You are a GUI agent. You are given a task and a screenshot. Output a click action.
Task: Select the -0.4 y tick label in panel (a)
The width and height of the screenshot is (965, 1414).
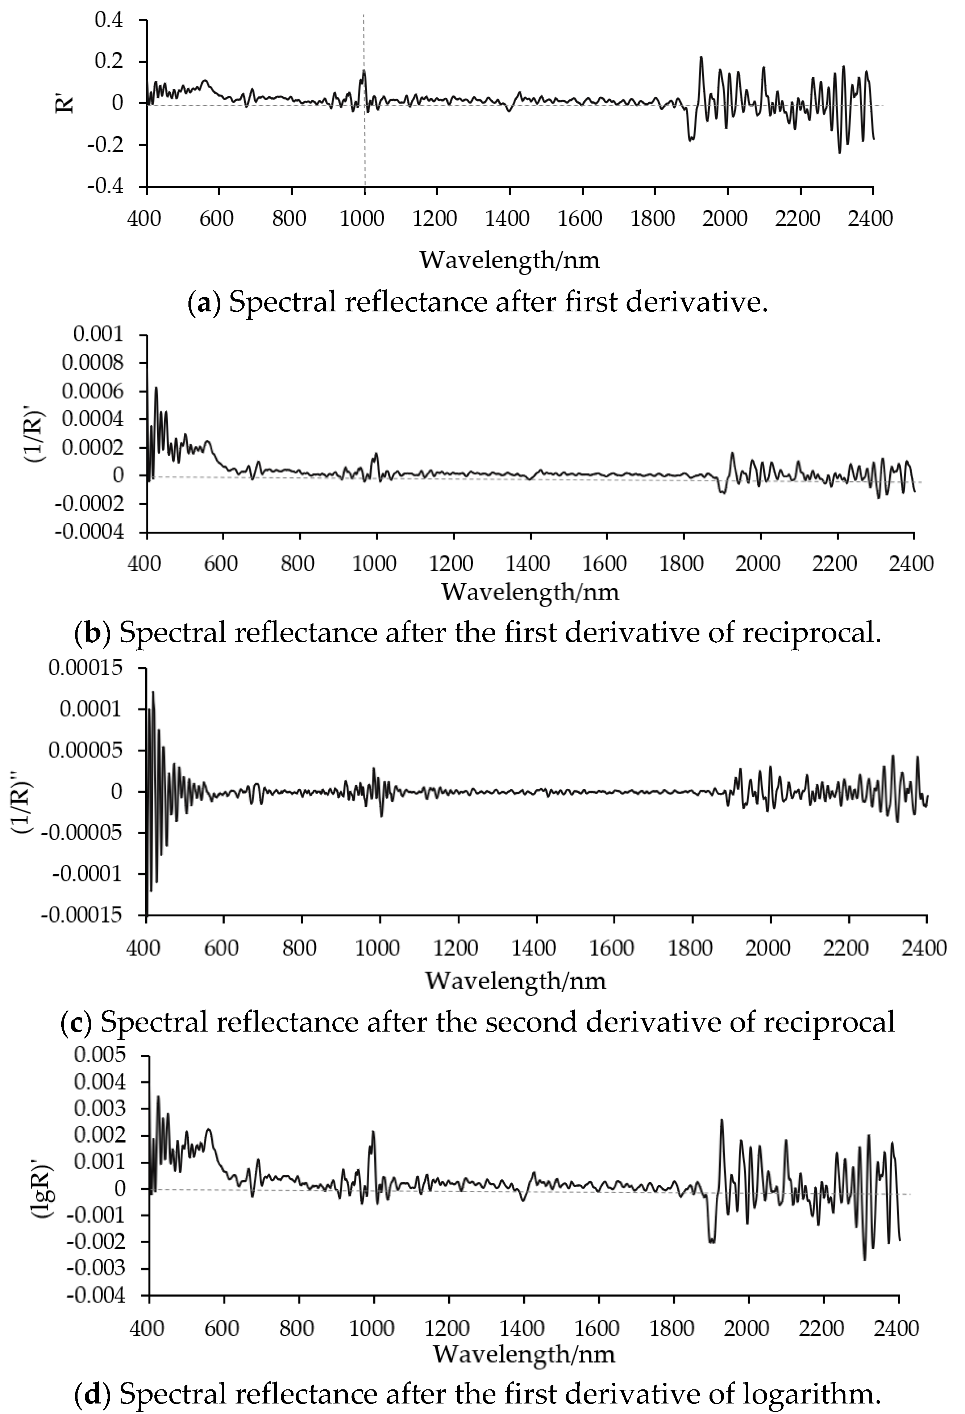pos(105,186)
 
